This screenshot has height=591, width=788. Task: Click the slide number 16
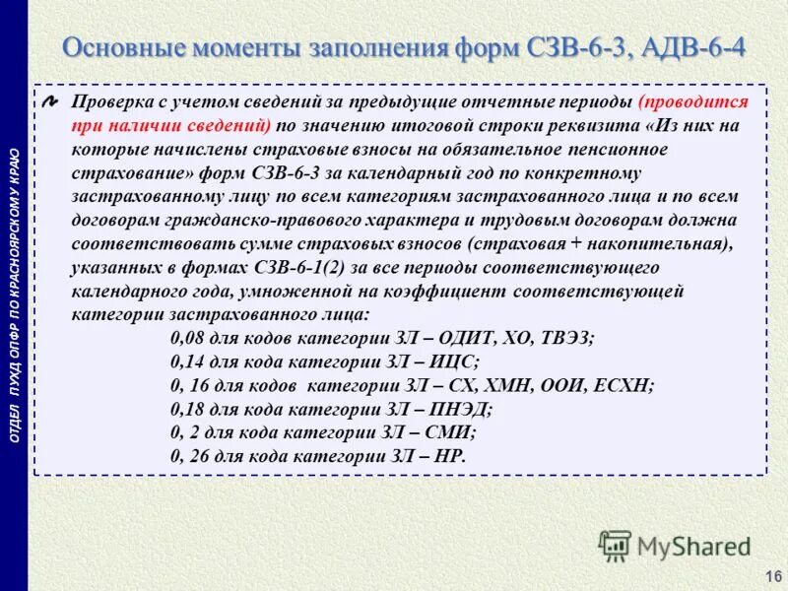point(772,575)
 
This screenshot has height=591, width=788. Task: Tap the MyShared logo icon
point(615,545)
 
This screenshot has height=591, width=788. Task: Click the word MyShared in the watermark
point(693,546)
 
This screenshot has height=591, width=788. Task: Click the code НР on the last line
point(446,455)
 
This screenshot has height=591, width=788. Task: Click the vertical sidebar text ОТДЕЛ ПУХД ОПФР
point(14,394)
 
